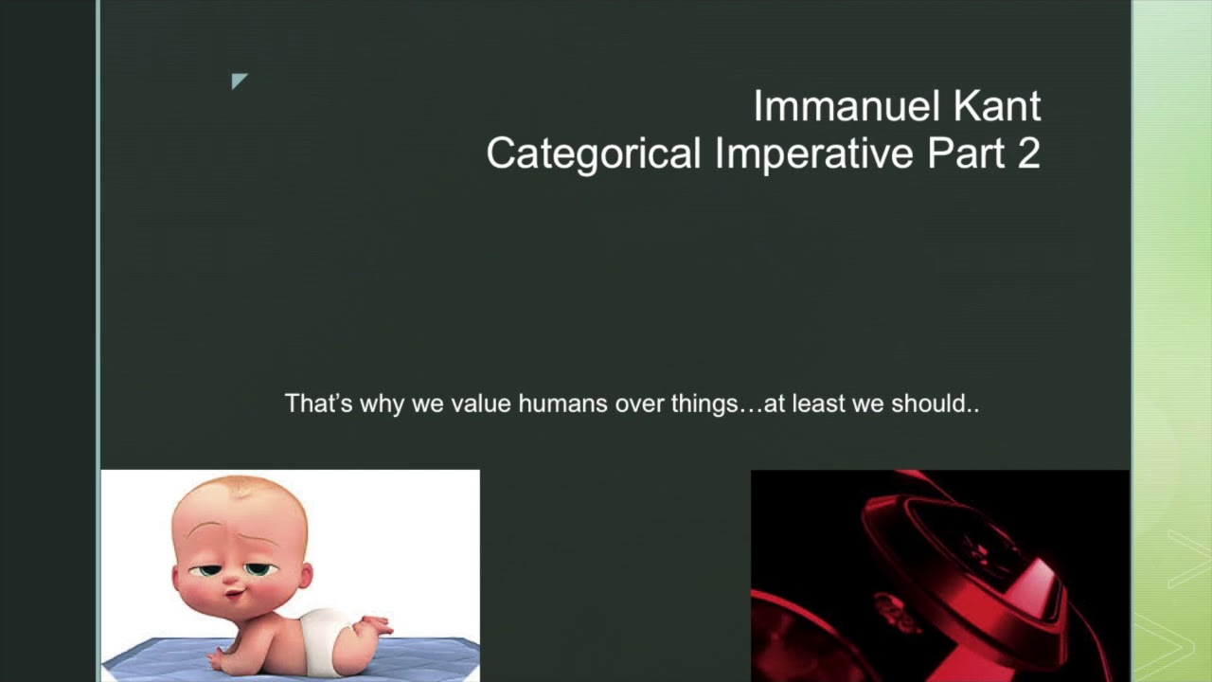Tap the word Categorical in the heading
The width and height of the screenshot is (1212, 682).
tap(593, 153)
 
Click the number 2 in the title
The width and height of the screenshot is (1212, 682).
tap(1029, 153)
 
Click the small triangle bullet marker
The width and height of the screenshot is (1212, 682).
tap(239, 81)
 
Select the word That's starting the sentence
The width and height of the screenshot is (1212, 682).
tap(318, 404)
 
